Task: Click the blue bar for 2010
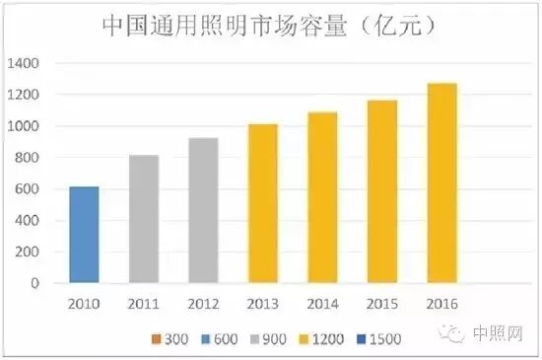85,235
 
